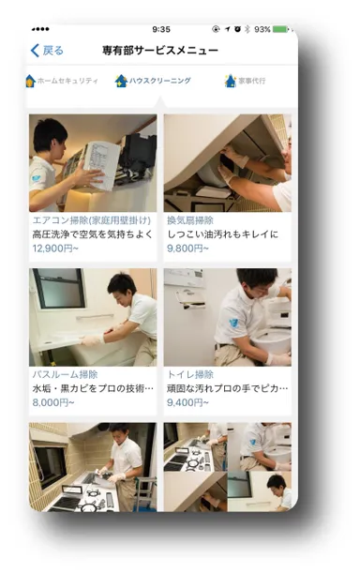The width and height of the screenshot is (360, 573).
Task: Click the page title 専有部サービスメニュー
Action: click(x=160, y=51)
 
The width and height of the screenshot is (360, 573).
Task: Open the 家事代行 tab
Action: click(x=250, y=81)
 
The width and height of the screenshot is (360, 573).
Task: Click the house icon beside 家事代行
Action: click(x=230, y=81)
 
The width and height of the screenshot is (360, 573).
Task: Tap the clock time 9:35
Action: click(x=161, y=29)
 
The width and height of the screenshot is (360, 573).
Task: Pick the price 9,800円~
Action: click(x=186, y=249)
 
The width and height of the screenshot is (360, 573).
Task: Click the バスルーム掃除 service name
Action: click(x=65, y=374)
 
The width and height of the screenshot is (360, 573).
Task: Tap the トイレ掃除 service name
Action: click(x=190, y=374)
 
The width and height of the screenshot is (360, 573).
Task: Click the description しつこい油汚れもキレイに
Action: click(x=223, y=235)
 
